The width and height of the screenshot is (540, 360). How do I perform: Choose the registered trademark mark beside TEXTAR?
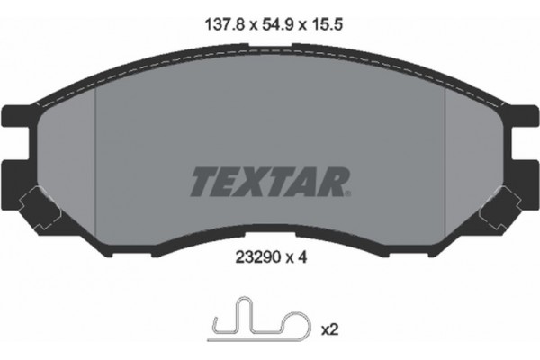345,192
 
